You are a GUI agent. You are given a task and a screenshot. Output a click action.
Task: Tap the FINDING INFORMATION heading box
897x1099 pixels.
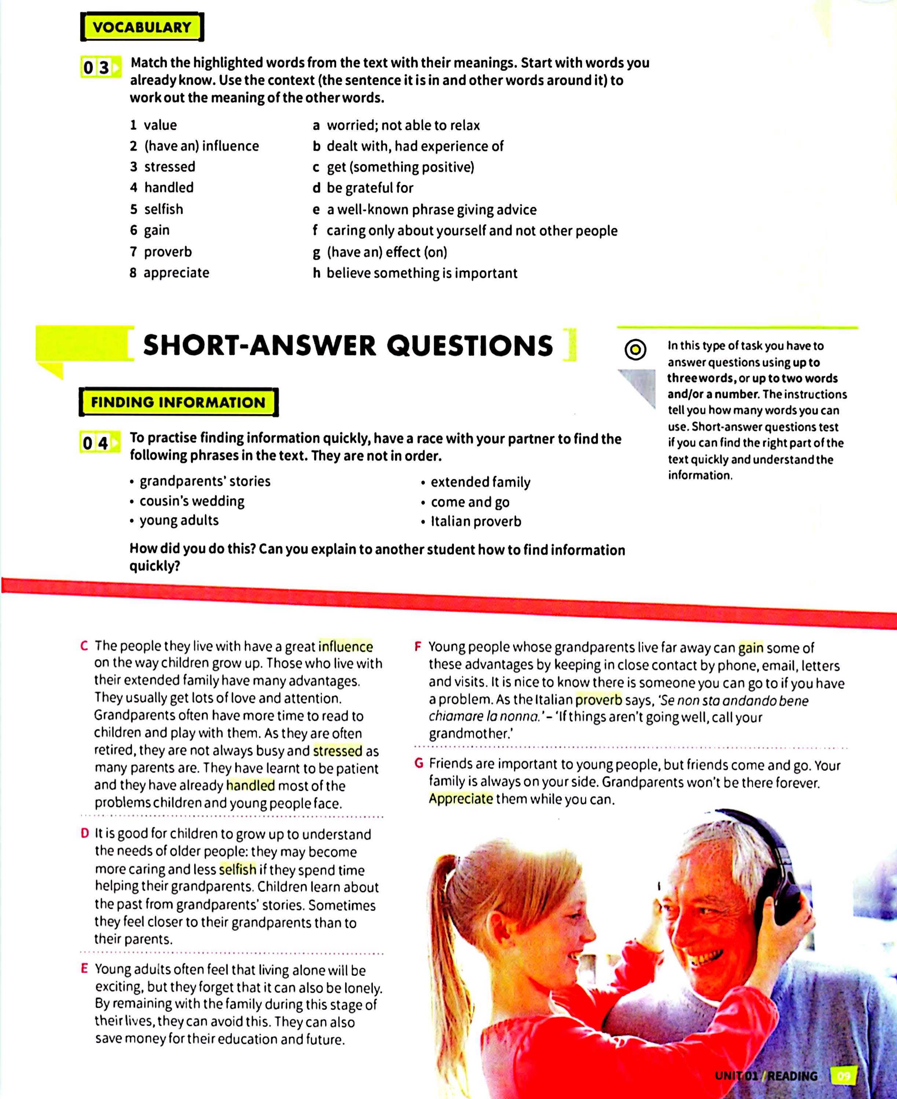(x=178, y=402)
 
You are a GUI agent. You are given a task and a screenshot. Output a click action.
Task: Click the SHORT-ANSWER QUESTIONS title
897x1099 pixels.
(x=348, y=345)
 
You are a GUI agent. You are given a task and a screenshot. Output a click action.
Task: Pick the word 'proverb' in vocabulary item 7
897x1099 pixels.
(x=168, y=252)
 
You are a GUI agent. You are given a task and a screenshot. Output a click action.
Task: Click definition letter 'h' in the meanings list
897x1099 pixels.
(x=317, y=273)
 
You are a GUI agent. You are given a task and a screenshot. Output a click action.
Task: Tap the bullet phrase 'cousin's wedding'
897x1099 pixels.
(x=192, y=501)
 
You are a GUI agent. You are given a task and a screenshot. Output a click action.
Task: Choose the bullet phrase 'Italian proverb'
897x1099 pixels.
(x=476, y=522)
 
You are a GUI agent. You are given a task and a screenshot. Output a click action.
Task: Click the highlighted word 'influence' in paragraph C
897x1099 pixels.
(x=346, y=646)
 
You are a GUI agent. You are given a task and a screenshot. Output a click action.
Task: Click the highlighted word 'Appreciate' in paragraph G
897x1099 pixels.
(x=461, y=799)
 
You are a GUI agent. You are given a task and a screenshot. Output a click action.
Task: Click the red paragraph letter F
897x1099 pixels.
(x=419, y=647)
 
